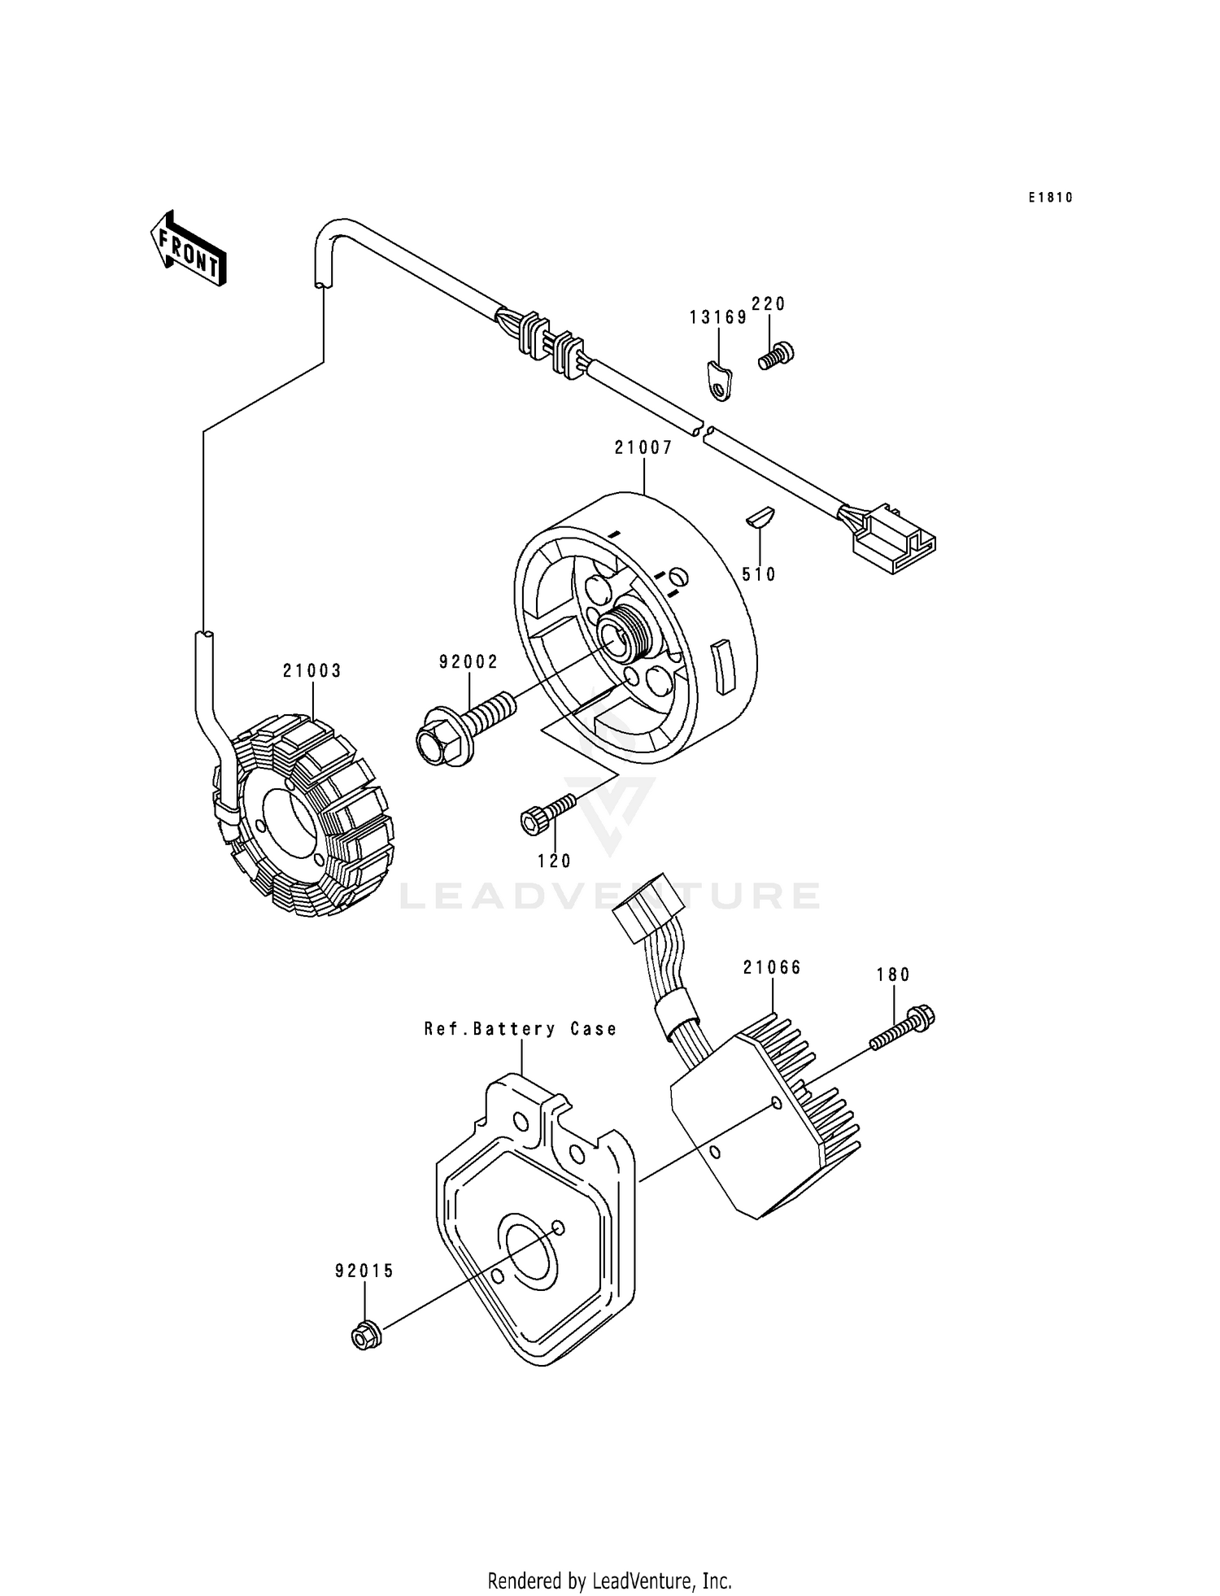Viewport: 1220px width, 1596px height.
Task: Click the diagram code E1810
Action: pyautogui.click(x=1050, y=198)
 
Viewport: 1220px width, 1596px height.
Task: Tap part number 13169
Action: pyautogui.click(x=718, y=318)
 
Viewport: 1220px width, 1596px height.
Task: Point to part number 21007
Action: pyautogui.click(x=643, y=447)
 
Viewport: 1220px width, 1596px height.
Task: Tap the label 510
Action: pyautogui.click(x=759, y=574)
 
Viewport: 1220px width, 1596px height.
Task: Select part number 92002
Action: pyautogui.click(x=468, y=662)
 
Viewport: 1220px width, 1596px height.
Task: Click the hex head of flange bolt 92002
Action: pyautogui.click(x=431, y=740)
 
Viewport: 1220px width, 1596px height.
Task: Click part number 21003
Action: pyautogui.click(x=312, y=671)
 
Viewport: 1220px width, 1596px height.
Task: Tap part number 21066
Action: pyautogui.click(x=772, y=967)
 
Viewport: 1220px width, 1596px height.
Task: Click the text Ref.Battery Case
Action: pyautogui.click(x=521, y=1029)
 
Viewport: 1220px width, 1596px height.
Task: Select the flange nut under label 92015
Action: pyautogui.click(x=364, y=1335)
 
